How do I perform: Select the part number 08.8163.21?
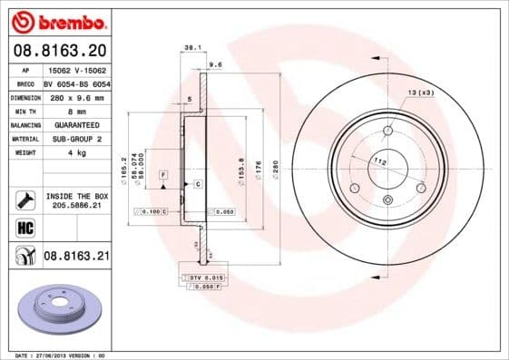(x=76, y=257)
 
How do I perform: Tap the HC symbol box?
(x=24, y=227)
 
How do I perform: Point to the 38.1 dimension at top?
(x=191, y=45)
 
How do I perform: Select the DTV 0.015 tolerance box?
(x=201, y=276)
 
